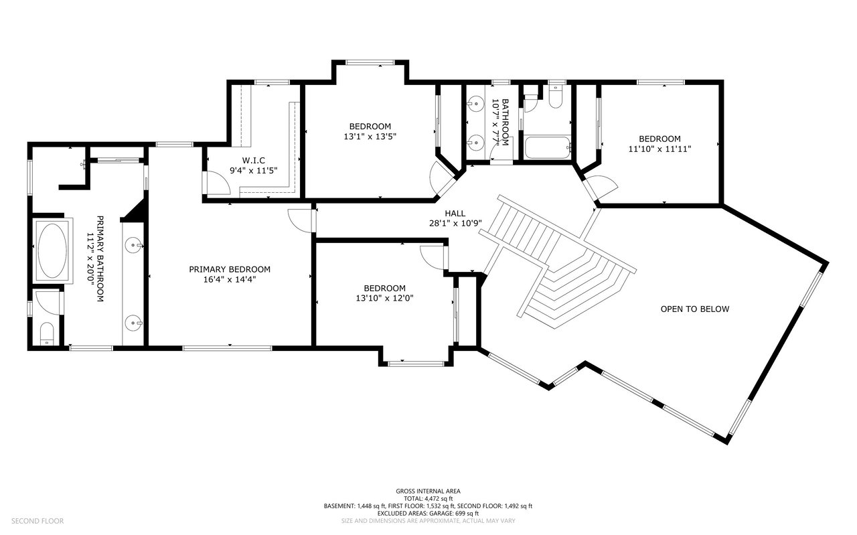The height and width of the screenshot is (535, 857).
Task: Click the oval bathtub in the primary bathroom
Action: click(x=52, y=250)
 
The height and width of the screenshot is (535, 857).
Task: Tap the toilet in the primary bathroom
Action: click(x=47, y=333)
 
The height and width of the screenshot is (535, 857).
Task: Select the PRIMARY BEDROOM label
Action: click(x=230, y=269)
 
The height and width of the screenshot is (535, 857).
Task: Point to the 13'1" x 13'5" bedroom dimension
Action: click(x=370, y=137)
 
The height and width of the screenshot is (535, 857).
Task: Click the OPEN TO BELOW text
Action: click(x=694, y=309)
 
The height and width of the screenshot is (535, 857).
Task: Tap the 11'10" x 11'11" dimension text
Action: click(x=659, y=149)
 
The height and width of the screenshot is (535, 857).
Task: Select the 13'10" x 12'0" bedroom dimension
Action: click(x=385, y=299)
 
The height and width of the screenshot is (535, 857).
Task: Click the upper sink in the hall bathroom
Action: click(x=476, y=104)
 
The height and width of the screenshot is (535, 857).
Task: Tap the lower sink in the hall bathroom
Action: click(x=476, y=142)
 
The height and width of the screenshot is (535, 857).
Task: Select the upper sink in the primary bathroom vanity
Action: click(x=134, y=246)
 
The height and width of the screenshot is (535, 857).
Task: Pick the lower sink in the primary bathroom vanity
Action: click(x=134, y=323)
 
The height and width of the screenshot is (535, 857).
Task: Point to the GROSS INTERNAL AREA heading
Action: click(x=428, y=491)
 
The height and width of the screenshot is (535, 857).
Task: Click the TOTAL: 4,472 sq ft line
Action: click(x=428, y=499)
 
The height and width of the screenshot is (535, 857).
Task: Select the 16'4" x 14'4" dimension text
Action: click(x=230, y=279)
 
